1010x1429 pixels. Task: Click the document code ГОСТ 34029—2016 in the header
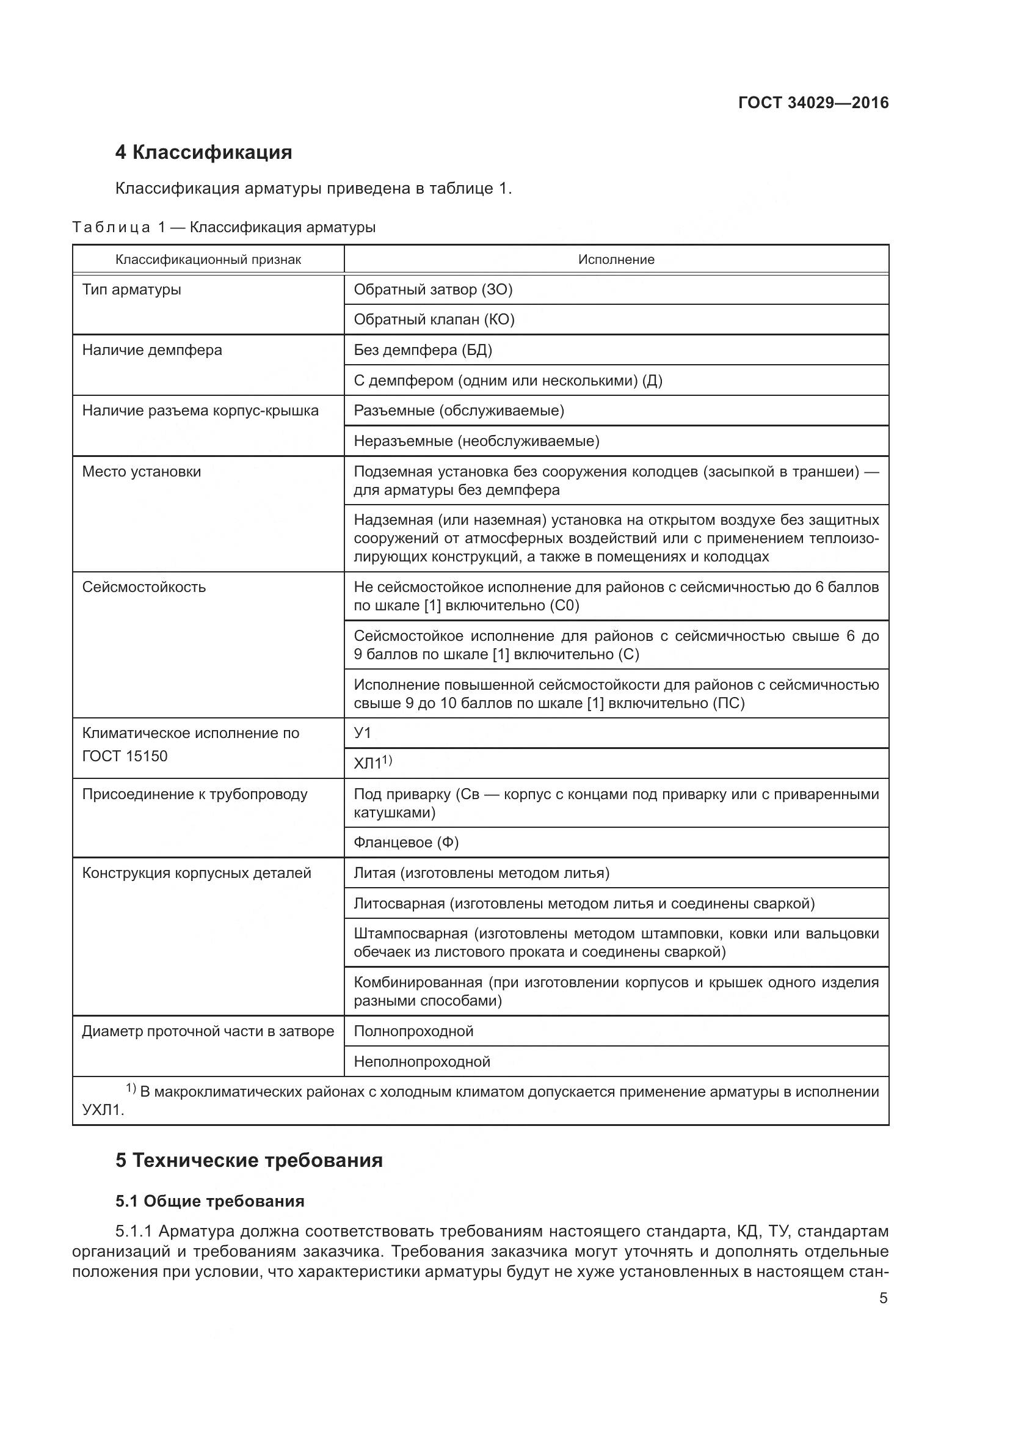(813, 103)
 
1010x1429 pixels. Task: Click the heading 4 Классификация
(203, 153)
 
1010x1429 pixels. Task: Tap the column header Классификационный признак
(208, 260)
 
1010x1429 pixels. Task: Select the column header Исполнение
(616, 260)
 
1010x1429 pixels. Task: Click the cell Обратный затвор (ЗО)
(433, 290)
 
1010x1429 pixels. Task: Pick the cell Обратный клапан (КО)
(434, 320)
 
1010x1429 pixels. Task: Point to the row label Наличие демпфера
(152, 350)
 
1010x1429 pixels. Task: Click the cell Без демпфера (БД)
(423, 350)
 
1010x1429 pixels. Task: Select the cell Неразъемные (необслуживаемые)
(476, 441)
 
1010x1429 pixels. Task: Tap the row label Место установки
(142, 471)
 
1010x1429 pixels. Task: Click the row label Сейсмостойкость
(144, 587)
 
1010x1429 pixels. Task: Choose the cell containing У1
(363, 733)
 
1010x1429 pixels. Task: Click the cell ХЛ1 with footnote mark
(372, 763)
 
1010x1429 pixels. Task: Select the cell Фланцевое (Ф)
(406, 842)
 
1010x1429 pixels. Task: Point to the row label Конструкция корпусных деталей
(197, 872)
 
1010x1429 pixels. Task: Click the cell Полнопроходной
(413, 1031)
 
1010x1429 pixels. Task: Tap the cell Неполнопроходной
(422, 1062)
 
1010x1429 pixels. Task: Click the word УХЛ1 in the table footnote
(103, 1109)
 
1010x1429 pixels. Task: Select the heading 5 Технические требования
(249, 1161)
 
